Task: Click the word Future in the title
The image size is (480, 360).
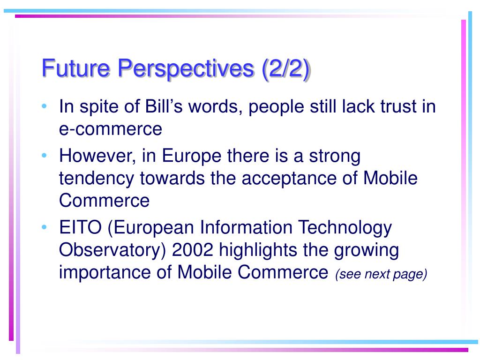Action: coord(75,67)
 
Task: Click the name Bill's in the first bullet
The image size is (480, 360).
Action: coord(164,106)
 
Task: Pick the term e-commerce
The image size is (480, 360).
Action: coord(111,129)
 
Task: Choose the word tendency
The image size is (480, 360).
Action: coord(97,179)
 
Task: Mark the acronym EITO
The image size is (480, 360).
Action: coord(80,227)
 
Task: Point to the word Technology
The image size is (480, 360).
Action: coord(345,228)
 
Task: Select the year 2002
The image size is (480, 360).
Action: coord(192,250)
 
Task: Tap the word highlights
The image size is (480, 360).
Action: coord(258,251)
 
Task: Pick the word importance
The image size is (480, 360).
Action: coord(105,273)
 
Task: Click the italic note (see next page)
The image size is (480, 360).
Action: coord(381,274)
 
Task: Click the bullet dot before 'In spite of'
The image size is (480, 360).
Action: coord(45,106)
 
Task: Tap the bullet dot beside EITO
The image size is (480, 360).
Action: coord(45,227)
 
